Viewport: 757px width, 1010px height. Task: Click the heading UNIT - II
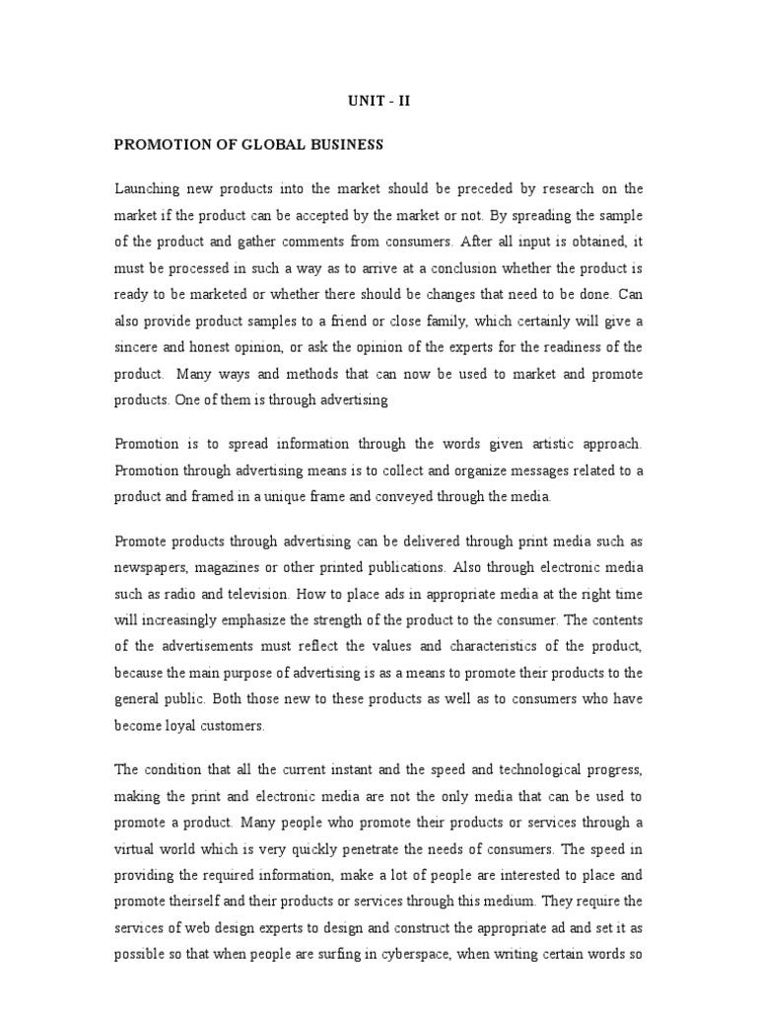378,100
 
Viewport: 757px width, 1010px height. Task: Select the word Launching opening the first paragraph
148,188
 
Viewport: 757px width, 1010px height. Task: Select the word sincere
138,348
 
